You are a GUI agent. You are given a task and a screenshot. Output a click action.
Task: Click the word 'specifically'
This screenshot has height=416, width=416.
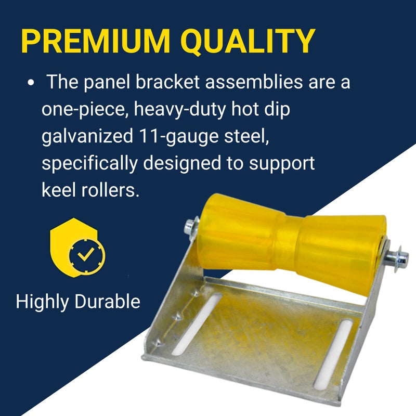89,163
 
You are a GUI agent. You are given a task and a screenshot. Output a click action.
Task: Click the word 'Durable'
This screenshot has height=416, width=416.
110,302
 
